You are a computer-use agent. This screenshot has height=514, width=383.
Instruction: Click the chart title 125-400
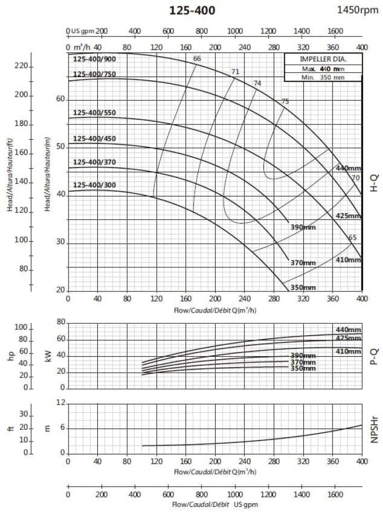(192, 10)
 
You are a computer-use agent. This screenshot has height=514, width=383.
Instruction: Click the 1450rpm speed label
(358, 10)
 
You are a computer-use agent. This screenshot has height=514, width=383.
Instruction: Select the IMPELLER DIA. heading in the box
(323, 59)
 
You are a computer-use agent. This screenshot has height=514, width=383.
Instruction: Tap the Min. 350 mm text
(323, 77)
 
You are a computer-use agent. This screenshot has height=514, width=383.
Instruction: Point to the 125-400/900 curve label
(95, 60)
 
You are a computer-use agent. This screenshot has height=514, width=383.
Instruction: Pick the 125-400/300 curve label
(95, 185)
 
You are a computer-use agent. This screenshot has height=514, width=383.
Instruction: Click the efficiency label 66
(197, 59)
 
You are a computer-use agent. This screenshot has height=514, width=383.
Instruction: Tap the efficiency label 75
(285, 101)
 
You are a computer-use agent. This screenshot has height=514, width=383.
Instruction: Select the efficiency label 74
(257, 83)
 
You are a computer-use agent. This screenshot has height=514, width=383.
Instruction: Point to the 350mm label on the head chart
(303, 287)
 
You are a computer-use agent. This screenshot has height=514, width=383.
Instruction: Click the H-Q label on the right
(374, 183)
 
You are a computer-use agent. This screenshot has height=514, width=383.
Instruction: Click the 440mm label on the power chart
(348, 329)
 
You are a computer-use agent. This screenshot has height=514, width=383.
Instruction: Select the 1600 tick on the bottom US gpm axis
(335, 495)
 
